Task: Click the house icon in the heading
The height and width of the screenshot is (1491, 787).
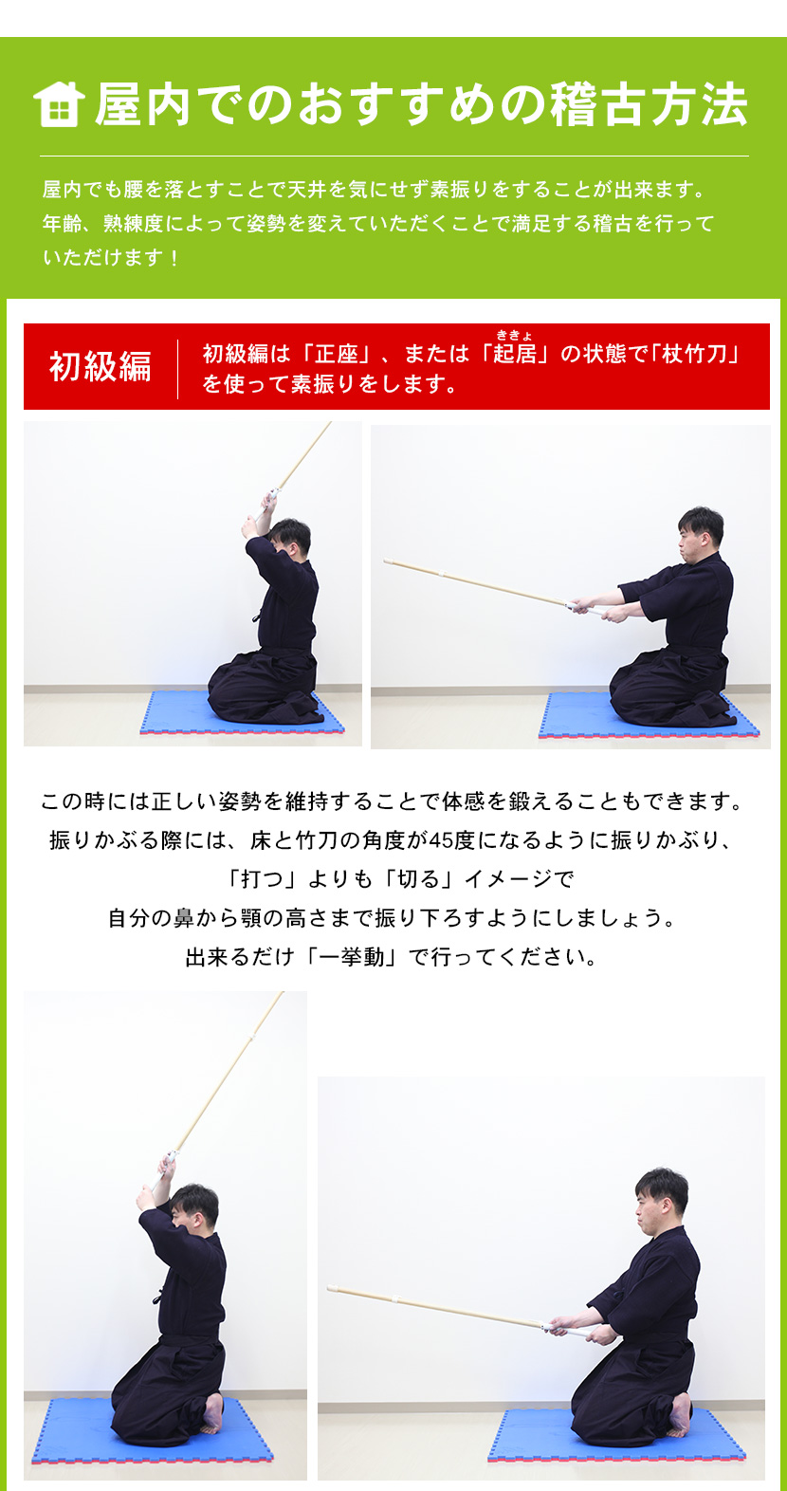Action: (59, 103)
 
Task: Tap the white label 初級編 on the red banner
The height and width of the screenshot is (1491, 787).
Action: (100, 366)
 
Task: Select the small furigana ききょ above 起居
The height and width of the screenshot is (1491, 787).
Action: (515, 335)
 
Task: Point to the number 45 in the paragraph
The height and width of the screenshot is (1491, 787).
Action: (442, 840)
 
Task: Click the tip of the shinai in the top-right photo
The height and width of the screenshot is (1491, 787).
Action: (388, 562)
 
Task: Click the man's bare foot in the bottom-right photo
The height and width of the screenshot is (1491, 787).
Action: (681, 1412)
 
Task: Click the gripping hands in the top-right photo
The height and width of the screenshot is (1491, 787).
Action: (593, 608)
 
